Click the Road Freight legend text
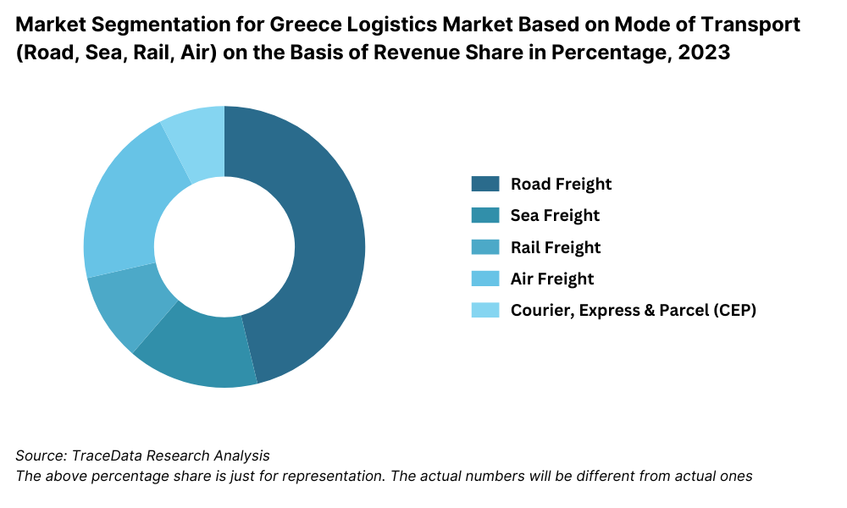coord(561,184)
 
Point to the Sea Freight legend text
coord(555,215)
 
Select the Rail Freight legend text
coord(556,247)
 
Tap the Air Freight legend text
coord(552,279)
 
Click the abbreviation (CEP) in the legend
coord(731,310)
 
